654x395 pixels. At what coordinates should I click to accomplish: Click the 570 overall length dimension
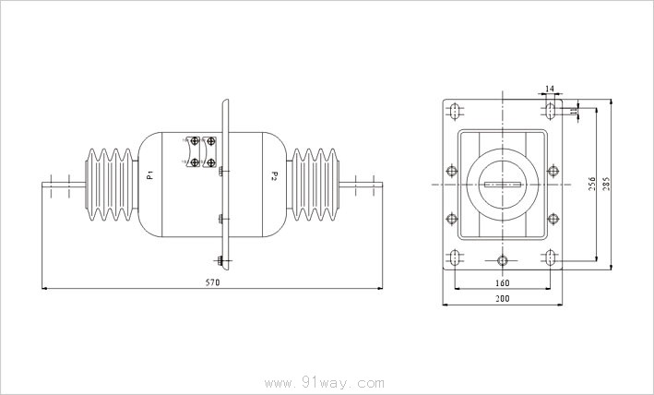click(x=213, y=282)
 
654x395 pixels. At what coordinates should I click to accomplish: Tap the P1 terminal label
click(x=151, y=174)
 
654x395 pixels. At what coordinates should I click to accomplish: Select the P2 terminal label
click(x=274, y=175)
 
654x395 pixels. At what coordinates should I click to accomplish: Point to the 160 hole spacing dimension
click(x=503, y=283)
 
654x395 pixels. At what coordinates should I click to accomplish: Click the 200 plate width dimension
click(x=503, y=299)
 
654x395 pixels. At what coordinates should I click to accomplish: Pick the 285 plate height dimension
click(x=606, y=184)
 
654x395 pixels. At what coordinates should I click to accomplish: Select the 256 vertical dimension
click(x=592, y=184)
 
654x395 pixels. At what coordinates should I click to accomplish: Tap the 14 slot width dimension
click(x=550, y=89)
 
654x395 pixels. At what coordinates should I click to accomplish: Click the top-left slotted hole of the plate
click(x=455, y=111)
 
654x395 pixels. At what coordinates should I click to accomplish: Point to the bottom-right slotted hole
click(x=551, y=257)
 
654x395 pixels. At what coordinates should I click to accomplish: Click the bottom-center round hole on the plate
click(x=503, y=260)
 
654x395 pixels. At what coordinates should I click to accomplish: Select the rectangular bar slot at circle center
click(x=503, y=185)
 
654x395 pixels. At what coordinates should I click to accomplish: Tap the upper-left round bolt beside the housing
click(x=452, y=171)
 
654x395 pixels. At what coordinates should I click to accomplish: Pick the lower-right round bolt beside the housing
click(x=553, y=219)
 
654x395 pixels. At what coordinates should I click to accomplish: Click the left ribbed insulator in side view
click(x=112, y=185)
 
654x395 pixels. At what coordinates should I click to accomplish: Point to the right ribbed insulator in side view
click(x=314, y=185)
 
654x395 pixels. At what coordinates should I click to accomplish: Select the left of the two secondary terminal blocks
click(x=194, y=151)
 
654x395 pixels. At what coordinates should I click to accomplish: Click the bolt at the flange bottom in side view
click(x=220, y=260)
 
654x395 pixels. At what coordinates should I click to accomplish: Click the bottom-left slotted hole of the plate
click(x=455, y=257)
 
